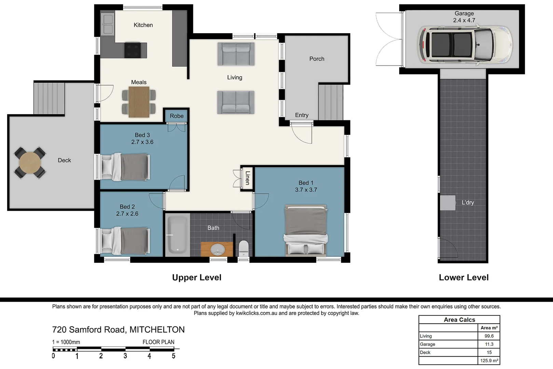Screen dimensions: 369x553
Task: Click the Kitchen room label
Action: tap(143, 25)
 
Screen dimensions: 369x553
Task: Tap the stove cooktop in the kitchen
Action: tap(133, 50)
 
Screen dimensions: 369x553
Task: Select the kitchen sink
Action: tap(108, 24)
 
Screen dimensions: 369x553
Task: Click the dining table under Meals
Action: tap(139, 102)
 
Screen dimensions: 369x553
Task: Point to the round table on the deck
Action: tap(30, 163)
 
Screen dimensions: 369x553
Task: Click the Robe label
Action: tap(177, 116)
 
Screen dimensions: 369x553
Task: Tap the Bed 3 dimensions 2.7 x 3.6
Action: tap(142, 142)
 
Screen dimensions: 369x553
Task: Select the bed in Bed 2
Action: tap(126, 241)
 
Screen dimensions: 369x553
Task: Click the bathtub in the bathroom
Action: tap(177, 235)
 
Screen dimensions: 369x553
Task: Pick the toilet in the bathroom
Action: tap(244, 248)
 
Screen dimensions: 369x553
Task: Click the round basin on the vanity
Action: tap(217, 249)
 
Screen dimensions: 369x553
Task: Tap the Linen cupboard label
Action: tap(247, 178)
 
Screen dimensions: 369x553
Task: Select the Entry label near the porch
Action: tap(302, 115)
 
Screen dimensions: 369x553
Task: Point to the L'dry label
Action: tap(468, 203)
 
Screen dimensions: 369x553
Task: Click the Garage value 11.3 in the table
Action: tap(489, 344)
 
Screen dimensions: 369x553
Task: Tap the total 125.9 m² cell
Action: tap(489, 360)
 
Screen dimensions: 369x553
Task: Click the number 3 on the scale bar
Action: tap(125, 356)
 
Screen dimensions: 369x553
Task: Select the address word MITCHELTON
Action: tap(157, 330)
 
